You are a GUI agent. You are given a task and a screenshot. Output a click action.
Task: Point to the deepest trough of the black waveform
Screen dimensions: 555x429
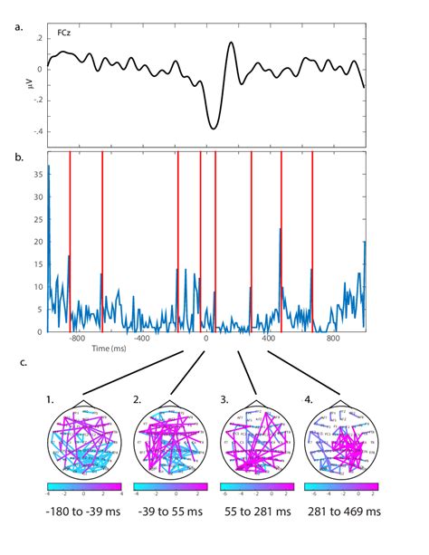pyautogui.click(x=213, y=129)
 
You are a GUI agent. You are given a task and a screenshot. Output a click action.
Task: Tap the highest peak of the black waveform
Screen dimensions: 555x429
pyautogui.click(x=232, y=43)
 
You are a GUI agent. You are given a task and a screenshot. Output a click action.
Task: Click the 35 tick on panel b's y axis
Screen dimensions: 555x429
pyautogui.click(x=39, y=172)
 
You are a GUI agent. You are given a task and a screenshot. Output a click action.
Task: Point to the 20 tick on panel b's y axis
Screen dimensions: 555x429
pyautogui.click(x=39, y=241)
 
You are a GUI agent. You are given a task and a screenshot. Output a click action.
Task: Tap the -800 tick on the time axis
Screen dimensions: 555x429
pyautogui.click(x=76, y=340)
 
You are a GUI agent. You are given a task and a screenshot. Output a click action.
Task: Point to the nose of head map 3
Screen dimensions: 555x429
pyautogui.click(x=254, y=403)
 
